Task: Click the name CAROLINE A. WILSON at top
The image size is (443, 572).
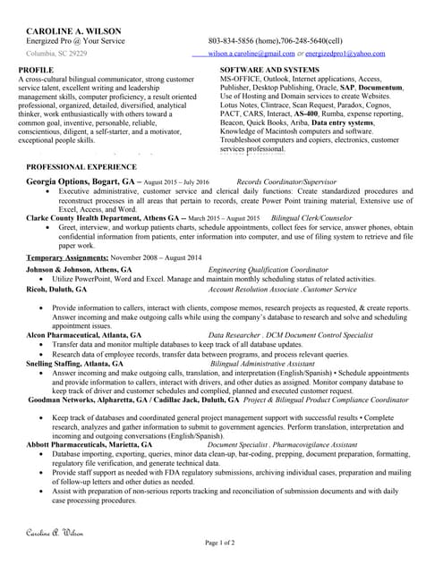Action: pos(73,30)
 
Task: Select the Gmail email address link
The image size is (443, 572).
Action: pos(251,54)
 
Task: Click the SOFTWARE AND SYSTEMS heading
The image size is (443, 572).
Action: pos(269,69)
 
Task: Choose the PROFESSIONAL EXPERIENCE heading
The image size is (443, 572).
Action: pos(81,167)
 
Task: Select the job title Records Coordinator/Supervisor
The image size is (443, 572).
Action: pos(280,181)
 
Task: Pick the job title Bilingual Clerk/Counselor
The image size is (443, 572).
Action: pos(311,218)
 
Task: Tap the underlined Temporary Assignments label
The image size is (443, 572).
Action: pos(66,257)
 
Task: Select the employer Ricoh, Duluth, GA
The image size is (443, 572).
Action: pos(56,290)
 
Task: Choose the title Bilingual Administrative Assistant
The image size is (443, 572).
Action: pos(262,364)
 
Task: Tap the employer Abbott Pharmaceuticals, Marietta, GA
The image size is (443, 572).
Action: pos(89,444)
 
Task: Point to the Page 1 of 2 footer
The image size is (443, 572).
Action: pos(220,543)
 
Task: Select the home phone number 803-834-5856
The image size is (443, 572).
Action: pos(229,41)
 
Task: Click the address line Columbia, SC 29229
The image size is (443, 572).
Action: pos(56,54)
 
